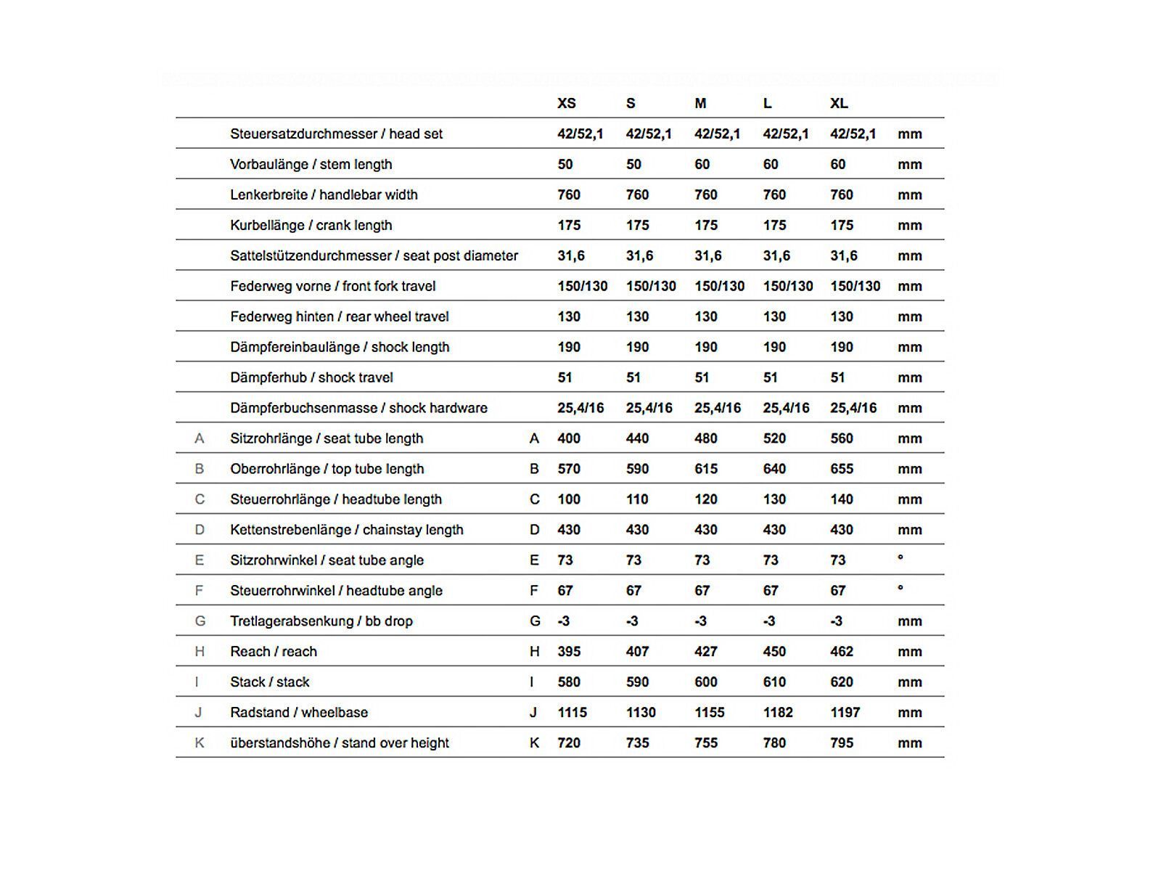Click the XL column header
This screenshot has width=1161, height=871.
839,104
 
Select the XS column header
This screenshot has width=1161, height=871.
567,104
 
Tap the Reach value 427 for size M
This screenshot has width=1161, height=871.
706,652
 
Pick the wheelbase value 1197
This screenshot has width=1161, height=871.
845,713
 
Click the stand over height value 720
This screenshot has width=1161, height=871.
569,743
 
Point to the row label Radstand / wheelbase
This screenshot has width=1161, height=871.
299,713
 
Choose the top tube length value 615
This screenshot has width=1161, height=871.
706,469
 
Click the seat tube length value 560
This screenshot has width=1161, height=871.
842,438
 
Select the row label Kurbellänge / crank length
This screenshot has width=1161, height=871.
311,225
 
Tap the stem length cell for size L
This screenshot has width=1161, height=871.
771,165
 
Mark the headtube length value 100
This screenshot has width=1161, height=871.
569,499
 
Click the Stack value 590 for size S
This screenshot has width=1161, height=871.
637,682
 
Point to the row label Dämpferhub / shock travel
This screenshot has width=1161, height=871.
311,377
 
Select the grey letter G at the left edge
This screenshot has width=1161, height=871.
200,621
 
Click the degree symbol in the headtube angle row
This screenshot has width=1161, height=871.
901,588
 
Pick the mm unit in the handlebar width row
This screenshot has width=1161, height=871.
910,195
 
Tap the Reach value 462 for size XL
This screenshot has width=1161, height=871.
842,652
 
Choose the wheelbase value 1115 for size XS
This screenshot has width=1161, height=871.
572,713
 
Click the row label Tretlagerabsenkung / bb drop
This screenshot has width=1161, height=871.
321,621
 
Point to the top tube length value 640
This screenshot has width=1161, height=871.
774,469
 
